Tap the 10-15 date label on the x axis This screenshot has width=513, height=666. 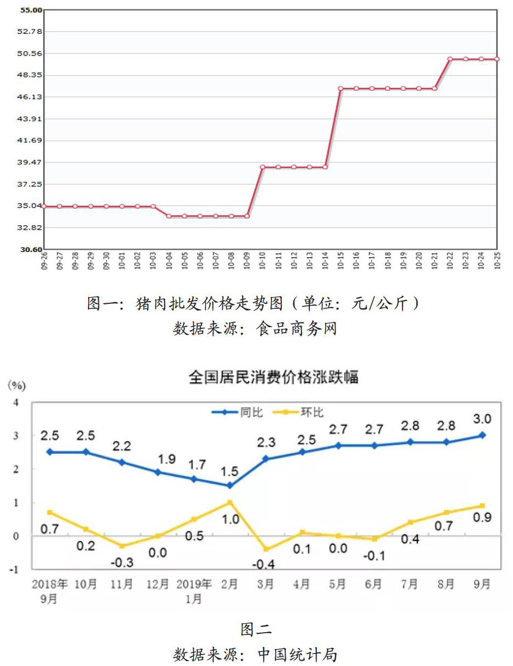[x=341, y=260]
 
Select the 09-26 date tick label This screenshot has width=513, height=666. [x=44, y=260]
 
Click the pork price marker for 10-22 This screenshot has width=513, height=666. [x=450, y=59]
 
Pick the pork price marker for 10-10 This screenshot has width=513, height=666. [x=263, y=167]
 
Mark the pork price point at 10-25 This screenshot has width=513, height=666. [x=497, y=59]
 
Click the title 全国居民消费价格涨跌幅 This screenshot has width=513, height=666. [x=273, y=377]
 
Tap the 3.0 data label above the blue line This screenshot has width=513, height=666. [x=483, y=419]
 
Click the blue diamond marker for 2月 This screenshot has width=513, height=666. [x=230, y=485]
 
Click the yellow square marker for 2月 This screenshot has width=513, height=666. [x=230, y=502]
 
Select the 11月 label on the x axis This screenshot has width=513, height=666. [x=121, y=584]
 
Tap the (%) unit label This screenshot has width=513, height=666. [x=16, y=386]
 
